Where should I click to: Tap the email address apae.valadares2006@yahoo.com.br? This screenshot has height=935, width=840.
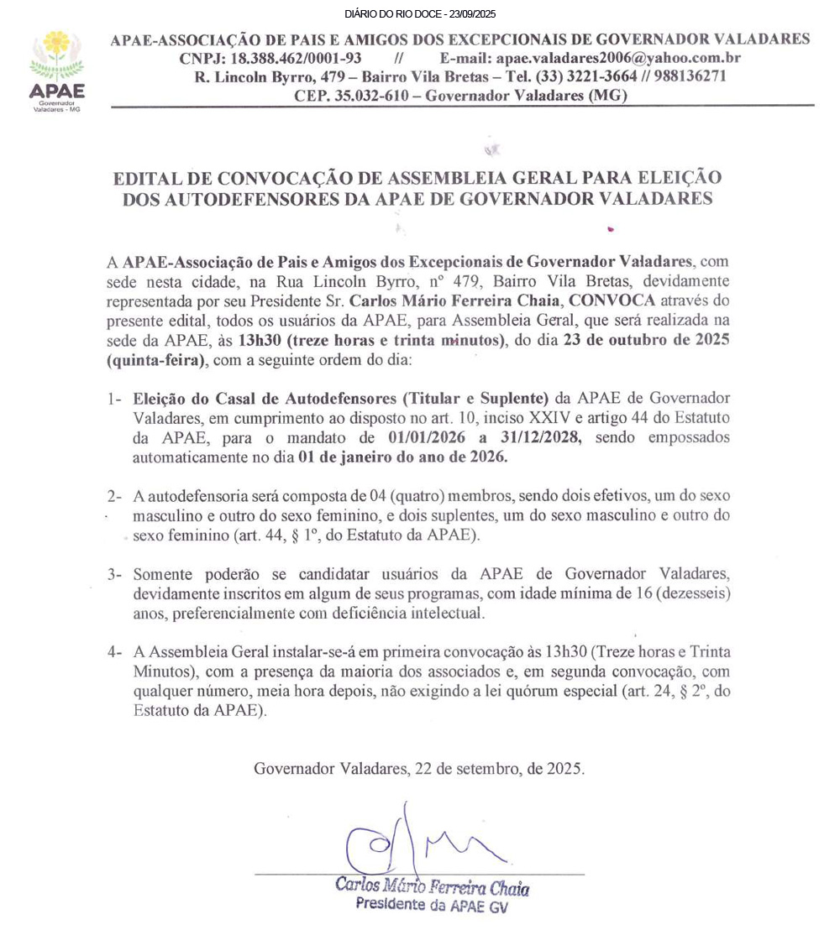(618, 58)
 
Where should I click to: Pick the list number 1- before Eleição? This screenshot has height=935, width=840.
(115, 398)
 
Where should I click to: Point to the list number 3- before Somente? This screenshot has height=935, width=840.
(115, 574)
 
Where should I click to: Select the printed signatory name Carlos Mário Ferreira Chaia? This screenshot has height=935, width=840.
(432, 885)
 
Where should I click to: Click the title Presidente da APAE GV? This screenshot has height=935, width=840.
(432, 905)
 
